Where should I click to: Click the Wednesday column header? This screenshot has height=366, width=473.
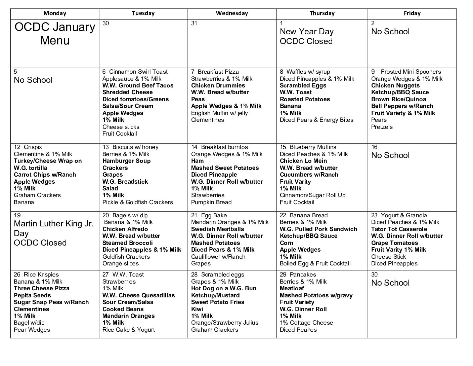[x=232, y=13]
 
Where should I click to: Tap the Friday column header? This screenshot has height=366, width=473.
[x=412, y=13]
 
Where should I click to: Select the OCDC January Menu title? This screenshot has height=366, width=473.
[x=55, y=34]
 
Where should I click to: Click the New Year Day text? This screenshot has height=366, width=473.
[x=306, y=32]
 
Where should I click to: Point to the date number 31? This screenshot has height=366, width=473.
[x=194, y=23]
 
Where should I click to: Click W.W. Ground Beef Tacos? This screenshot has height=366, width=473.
[x=138, y=85]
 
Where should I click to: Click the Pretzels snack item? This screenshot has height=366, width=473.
[x=382, y=127]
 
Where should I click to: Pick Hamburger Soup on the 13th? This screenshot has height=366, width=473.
[x=126, y=161]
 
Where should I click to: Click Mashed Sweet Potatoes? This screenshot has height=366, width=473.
[x=225, y=168]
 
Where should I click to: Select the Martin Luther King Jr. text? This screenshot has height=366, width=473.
[x=54, y=224]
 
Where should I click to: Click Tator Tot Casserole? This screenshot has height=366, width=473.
[x=399, y=229]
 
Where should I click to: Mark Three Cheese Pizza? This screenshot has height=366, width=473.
[x=42, y=288]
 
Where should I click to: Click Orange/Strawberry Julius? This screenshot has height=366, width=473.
[x=224, y=323]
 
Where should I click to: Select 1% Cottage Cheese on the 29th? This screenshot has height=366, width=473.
[x=306, y=323]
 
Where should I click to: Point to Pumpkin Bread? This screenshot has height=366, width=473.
[x=211, y=202]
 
